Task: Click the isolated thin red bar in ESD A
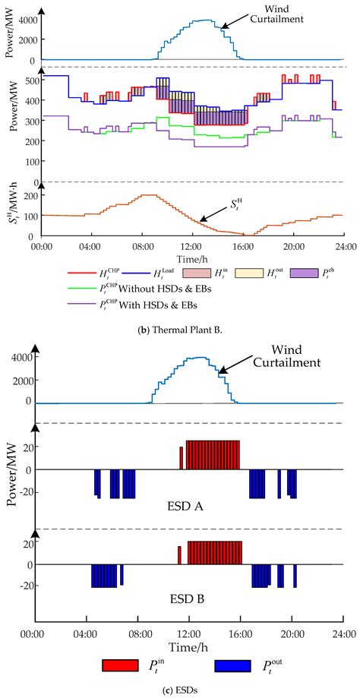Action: [181, 458]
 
